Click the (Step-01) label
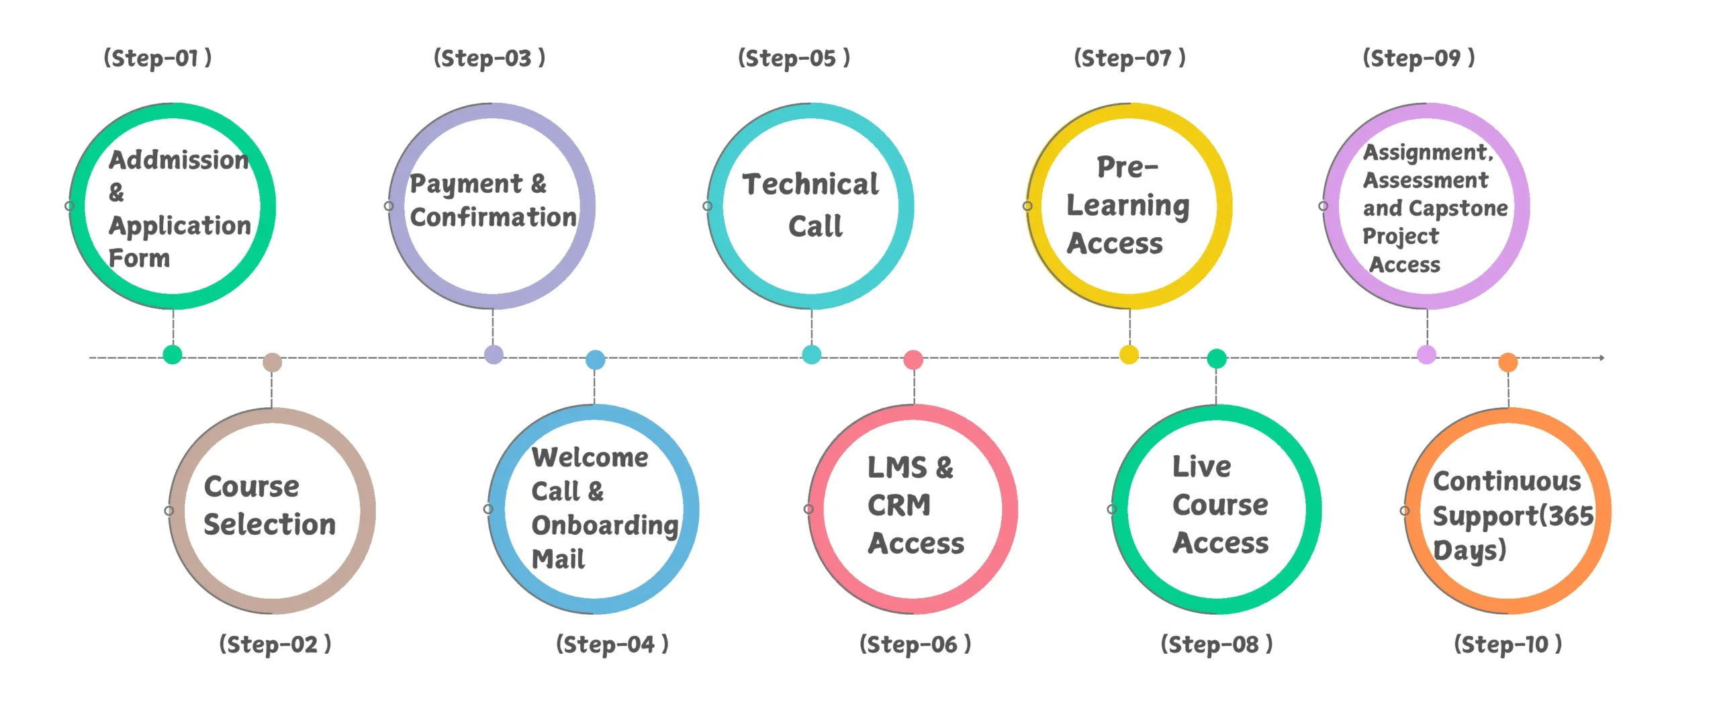pos(158,58)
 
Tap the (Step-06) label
pos(915,644)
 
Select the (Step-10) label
pos(1508,644)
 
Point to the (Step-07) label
pos(1130,58)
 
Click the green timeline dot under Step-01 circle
pos(173,354)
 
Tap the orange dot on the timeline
pos(1508,362)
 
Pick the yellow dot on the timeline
pos(1129,354)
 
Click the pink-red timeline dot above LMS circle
pos(913,360)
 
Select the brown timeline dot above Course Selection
pos(272,362)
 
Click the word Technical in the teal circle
pos(810,184)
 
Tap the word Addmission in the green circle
pos(179,160)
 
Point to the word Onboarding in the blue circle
pos(605,525)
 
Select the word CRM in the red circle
pos(899,505)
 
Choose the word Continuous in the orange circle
pos(1507,481)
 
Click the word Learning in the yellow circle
pos(1128,206)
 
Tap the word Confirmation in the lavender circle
pos(494,217)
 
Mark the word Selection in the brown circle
pos(270,524)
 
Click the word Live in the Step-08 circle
pos(1202,466)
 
